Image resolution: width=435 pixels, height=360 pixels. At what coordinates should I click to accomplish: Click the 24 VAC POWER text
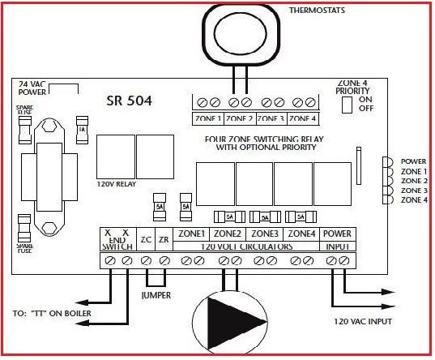(33, 88)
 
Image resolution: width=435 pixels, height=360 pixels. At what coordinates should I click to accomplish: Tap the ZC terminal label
(146, 239)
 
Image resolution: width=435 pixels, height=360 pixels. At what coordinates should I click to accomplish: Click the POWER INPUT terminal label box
(336, 238)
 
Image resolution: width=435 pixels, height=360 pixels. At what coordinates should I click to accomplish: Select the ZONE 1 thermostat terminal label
(208, 118)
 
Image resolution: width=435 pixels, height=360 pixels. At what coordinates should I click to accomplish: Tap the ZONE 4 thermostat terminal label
(302, 118)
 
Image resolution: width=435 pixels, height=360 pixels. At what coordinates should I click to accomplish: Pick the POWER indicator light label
(413, 161)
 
